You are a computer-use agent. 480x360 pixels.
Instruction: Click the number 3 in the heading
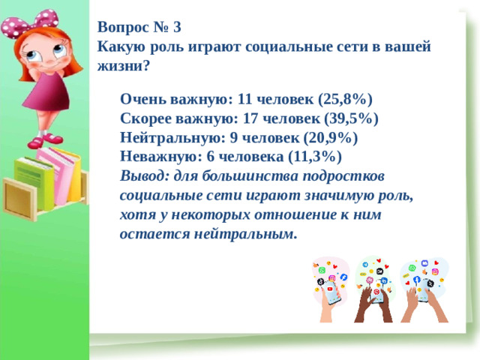tap(176, 28)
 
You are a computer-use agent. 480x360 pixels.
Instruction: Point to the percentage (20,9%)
tap(331, 138)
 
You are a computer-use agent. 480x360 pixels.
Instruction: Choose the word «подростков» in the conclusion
tap(345, 176)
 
